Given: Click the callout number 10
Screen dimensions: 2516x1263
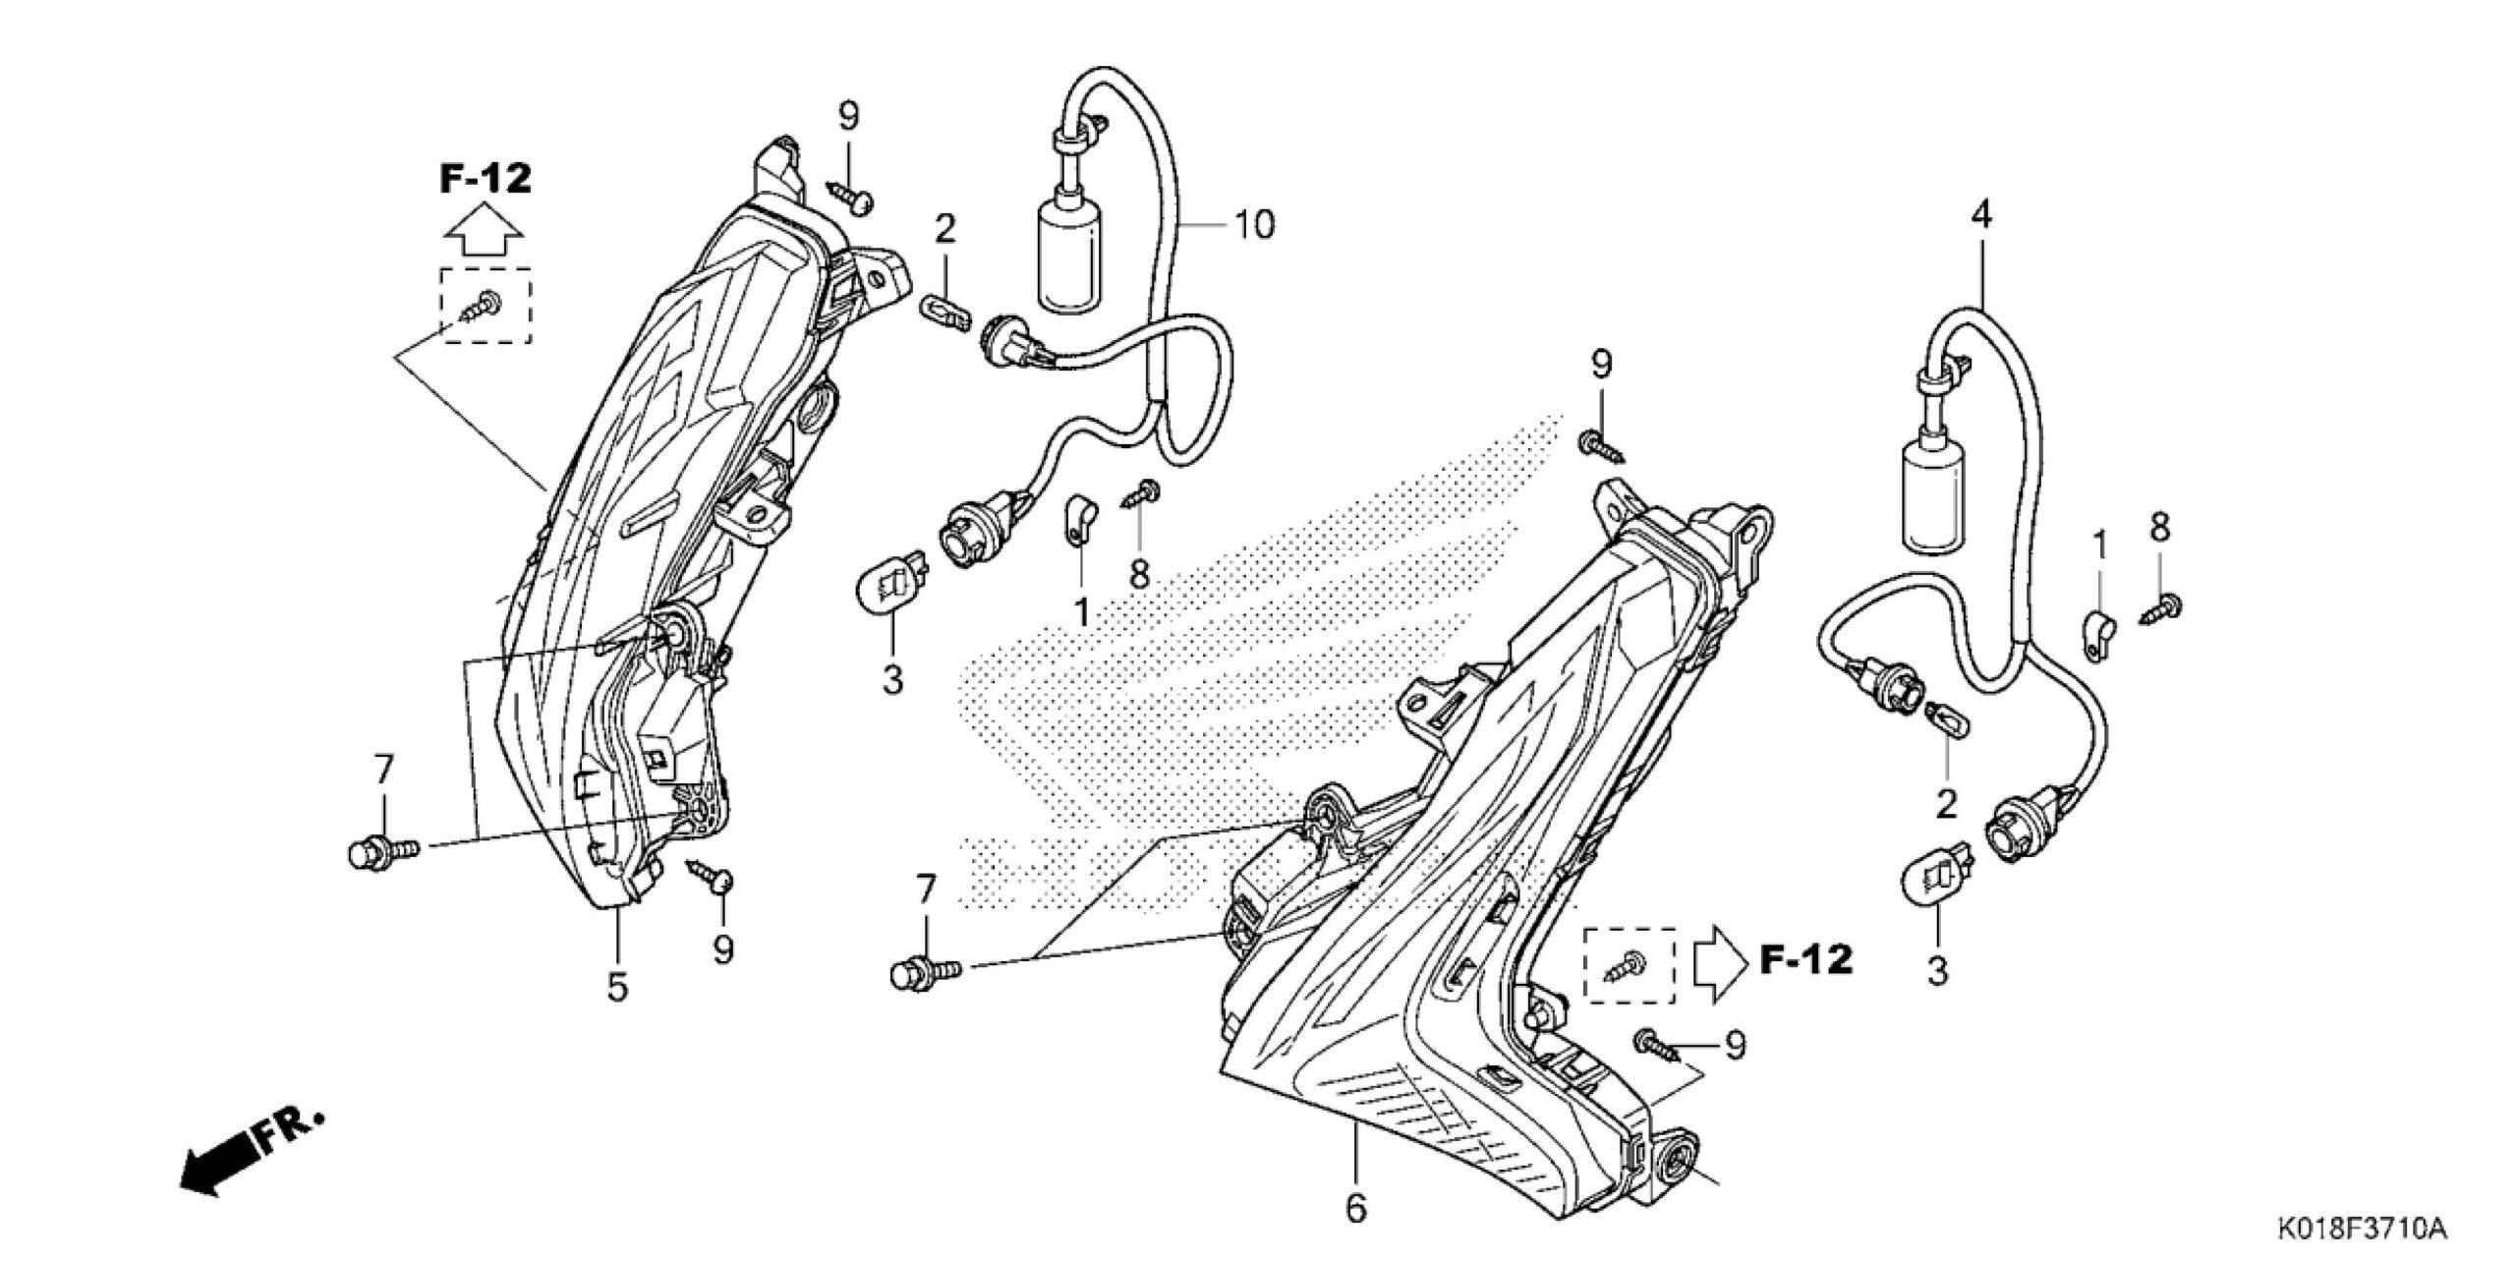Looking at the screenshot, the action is pyautogui.click(x=1254, y=225).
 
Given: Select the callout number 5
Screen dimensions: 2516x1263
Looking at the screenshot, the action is pyautogui.click(x=617, y=987).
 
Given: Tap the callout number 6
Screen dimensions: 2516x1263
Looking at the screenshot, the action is pyautogui.click(x=1356, y=1209).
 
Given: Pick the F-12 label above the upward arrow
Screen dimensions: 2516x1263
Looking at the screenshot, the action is pyautogui.click(x=485, y=179).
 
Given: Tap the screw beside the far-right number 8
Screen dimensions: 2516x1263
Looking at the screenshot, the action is pyautogui.click(x=2160, y=609).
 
